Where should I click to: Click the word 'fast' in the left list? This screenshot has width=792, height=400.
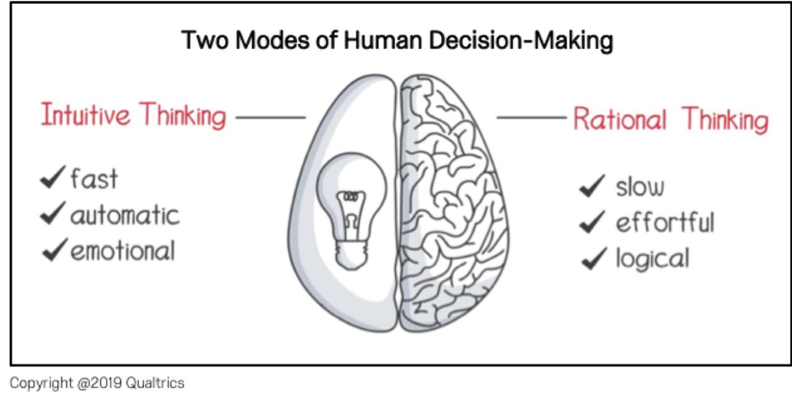point(94,179)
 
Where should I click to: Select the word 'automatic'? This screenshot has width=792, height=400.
point(125,215)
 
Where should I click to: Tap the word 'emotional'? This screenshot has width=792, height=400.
point(123,251)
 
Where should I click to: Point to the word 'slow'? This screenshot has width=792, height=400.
point(640,187)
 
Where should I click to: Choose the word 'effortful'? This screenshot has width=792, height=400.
point(665,223)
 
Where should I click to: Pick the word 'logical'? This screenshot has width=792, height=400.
point(653,259)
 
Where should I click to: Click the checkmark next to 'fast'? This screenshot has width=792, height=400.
point(53,177)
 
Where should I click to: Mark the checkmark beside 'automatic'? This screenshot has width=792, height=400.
point(53,213)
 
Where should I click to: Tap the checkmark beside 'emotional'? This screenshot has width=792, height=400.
point(54,250)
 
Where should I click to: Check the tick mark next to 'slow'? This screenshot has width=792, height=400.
point(593,186)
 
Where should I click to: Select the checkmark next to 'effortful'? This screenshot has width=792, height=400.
point(593,222)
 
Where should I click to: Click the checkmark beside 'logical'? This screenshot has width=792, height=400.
point(594,258)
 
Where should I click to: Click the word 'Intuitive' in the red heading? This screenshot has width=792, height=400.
point(85,114)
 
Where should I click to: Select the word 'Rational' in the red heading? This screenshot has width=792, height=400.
point(620,118)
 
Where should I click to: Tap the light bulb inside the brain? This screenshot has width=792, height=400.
point(351,211)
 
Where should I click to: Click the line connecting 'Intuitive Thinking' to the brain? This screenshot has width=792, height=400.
point(271,117)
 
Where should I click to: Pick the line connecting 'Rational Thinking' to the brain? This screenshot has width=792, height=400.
point(532,117)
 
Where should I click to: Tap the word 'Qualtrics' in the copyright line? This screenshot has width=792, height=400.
point(155,383)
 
